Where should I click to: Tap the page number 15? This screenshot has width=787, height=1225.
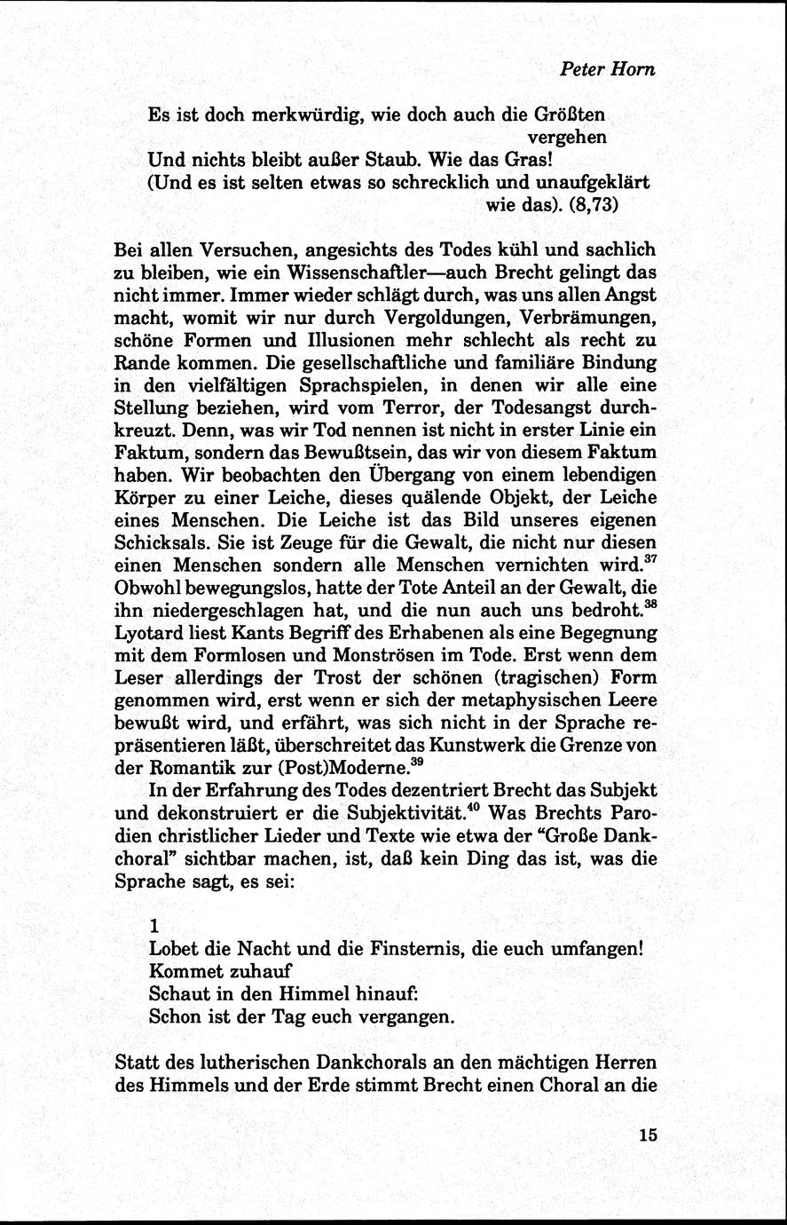coord(646,1135)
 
